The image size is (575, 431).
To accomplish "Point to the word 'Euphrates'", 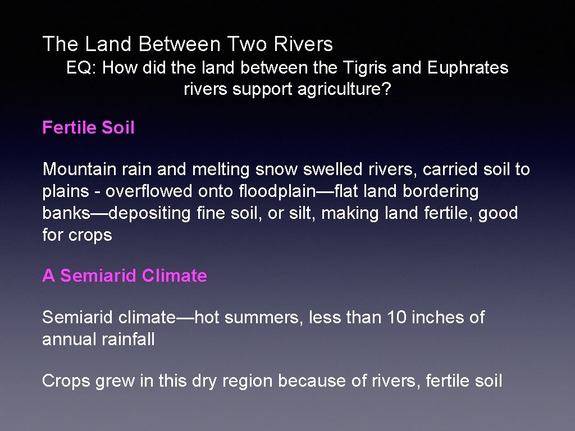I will point(468,68).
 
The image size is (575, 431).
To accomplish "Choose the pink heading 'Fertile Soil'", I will point(88,128).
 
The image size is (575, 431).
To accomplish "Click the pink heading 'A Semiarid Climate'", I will point(125,276).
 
